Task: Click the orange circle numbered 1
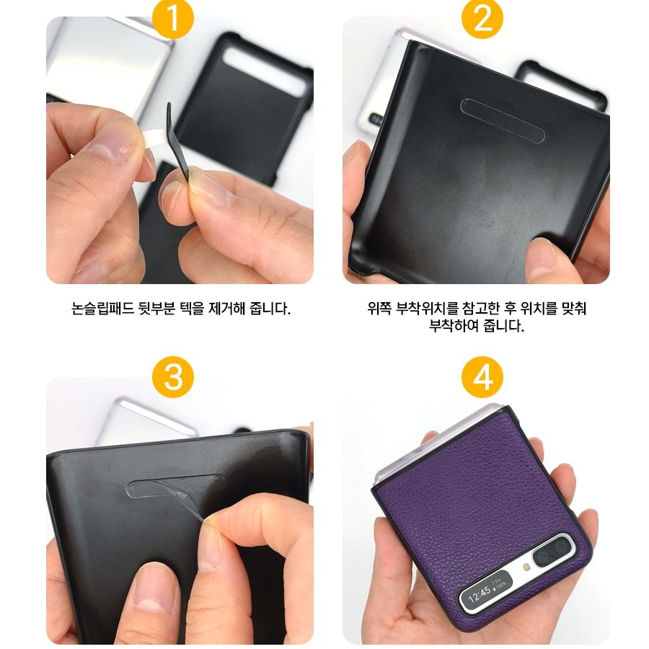coord(173,18)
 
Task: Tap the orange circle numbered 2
coord(482,18)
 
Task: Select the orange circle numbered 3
coord(173,376)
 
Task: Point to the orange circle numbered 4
coord(482,376)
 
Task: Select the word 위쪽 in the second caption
coord(379,309)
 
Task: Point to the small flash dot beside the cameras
coord(526,567)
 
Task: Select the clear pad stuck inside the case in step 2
coord(503,120)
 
